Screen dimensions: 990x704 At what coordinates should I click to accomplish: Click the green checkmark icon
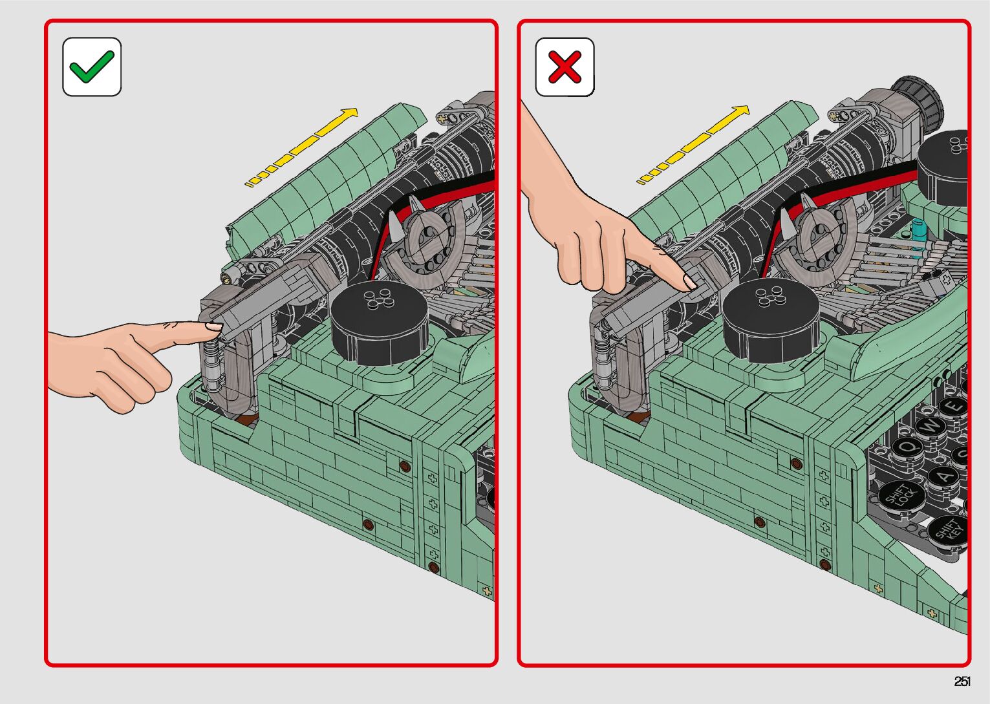point(92,67)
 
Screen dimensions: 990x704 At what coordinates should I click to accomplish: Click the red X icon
point(565,67)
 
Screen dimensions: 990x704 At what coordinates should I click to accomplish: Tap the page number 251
point(962,681)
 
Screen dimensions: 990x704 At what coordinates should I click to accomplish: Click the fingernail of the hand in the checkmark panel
point(214,326)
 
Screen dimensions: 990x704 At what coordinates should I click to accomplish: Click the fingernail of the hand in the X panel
point(690,281)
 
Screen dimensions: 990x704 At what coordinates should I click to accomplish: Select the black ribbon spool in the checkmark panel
point(379,323)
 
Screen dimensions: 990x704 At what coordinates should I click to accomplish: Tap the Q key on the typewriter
point(908,447)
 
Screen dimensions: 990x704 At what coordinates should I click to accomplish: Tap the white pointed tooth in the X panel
point(787,226)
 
